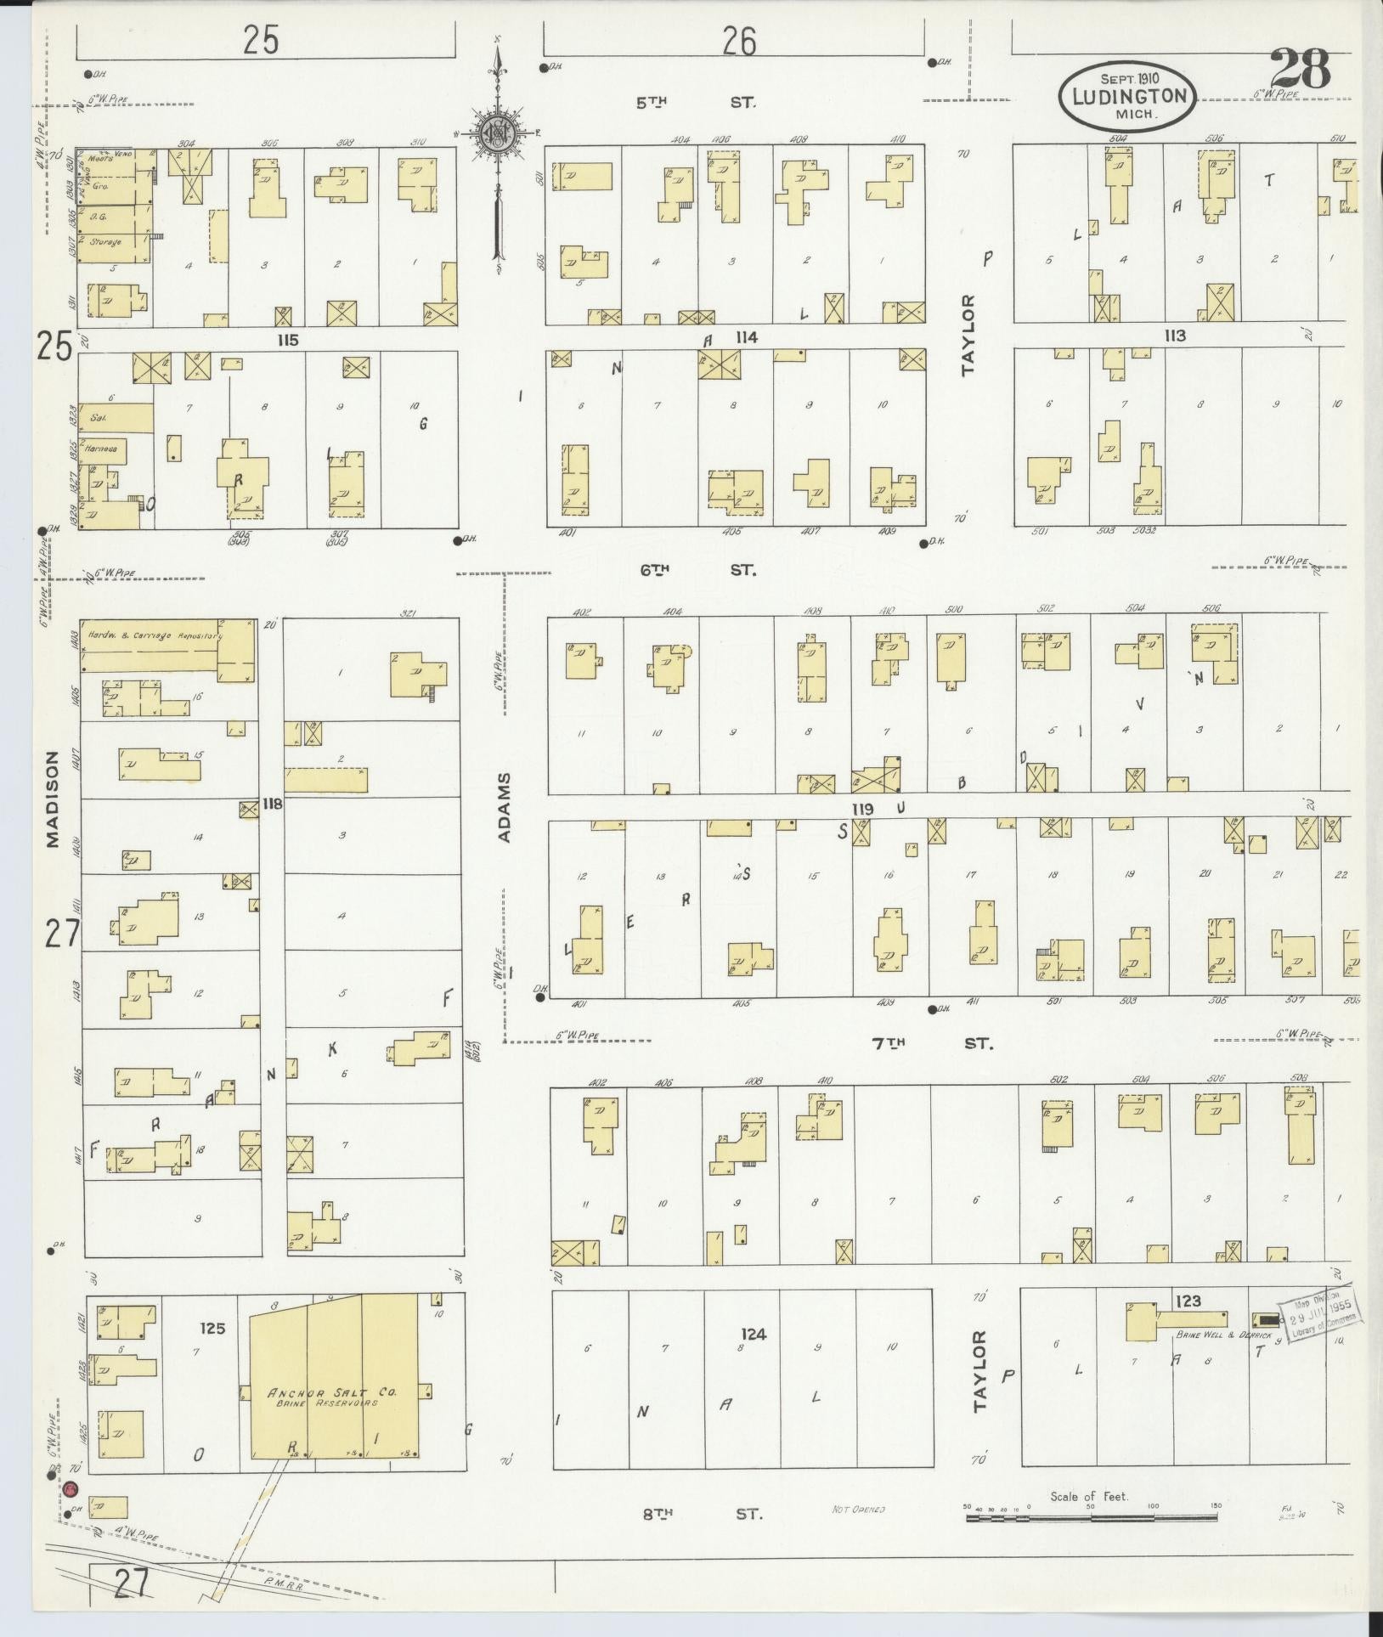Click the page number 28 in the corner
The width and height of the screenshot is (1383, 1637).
[x=1300, y=70]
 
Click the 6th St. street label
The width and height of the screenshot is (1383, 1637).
[x=697, y=570]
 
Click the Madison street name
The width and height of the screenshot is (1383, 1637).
[x=54, y=799]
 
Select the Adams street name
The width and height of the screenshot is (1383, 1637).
[x=506, y=806]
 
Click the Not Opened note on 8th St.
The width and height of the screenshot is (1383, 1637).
[x=858, y=1510]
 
